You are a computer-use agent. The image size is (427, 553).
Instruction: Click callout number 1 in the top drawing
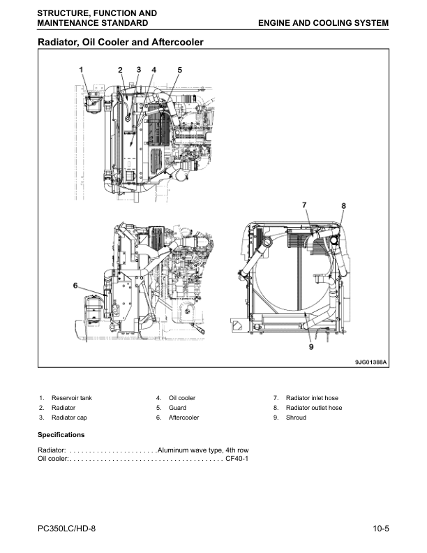coord(81,70)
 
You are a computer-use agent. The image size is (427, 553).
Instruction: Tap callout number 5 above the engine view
coord(180,70)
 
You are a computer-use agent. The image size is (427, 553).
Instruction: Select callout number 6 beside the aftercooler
coord(75,285)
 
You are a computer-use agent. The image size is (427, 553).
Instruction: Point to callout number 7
coord(304,205)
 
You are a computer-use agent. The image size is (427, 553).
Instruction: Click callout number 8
coord(343,205)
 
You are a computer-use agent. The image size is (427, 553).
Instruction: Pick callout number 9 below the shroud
coord(311,347)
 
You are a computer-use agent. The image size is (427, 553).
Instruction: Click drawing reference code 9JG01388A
coord(370,362)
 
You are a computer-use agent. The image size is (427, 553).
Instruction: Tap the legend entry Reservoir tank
coord(72,398)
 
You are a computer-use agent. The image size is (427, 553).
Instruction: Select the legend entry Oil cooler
coord(182,398)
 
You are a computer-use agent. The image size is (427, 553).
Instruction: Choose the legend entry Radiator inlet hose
coord(312,398)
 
